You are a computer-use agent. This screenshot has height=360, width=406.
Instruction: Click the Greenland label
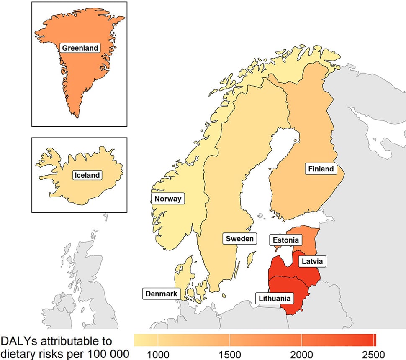point(80,48)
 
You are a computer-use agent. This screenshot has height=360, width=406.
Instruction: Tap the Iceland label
point(87,175)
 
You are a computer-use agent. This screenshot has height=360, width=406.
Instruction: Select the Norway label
point(167,199)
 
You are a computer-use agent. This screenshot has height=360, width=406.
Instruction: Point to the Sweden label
point(239,239)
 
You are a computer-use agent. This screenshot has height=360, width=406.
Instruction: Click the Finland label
point(321,169)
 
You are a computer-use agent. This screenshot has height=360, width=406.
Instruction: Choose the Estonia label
point(286,240)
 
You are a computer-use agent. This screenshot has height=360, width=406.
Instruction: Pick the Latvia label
point(311,262)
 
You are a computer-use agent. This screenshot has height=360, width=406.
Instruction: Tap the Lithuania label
point(275,299)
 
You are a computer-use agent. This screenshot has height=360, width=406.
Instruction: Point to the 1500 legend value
point(230,353)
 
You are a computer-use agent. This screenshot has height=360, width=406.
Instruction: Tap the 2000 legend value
point(302,353)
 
